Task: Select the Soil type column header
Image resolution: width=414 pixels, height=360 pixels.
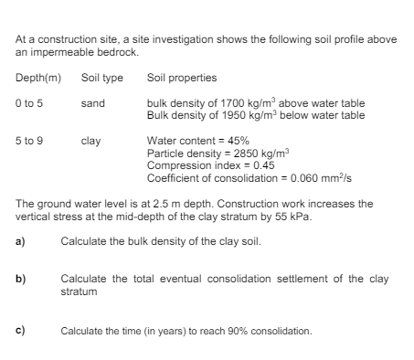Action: pyautogui.click(x=101, y=78)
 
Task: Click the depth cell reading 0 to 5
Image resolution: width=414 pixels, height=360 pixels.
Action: pyautogui.click(x=29, y=103)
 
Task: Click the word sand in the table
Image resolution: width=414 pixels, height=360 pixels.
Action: pyautogui.click(x=92, y=103)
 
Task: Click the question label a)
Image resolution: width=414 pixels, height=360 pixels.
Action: pyautogui.click(x=19, y=240)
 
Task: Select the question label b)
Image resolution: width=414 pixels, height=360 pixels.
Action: pyautogui.click(x=19, y=278)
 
